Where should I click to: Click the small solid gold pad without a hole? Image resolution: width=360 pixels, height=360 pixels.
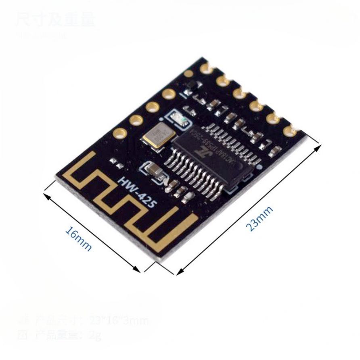coord(188,73)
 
